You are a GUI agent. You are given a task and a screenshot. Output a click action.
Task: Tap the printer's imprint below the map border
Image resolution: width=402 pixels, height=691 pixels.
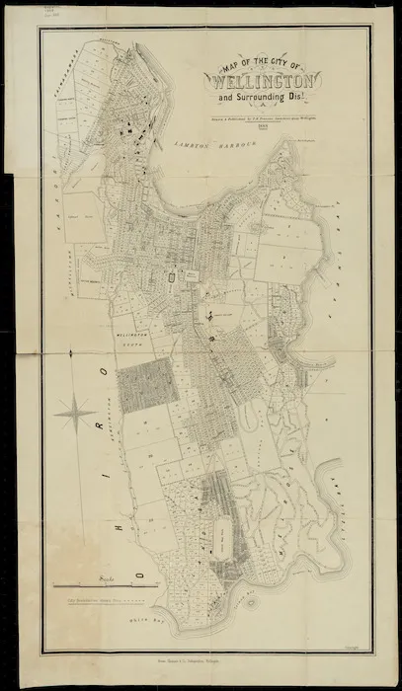point(216,671)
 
